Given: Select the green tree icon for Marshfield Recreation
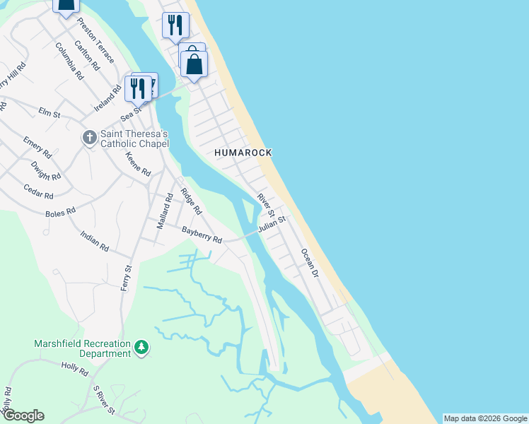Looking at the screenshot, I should (142, 348).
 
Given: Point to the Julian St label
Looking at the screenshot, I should (272, 225).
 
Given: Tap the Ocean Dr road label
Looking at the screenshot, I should (309, 262).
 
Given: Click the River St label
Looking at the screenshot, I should (265, 201).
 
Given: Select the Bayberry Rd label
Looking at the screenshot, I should (202, 235).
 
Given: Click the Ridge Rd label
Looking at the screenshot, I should (191, 201).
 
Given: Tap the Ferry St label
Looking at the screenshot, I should (128, 280).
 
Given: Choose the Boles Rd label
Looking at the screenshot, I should (60, 211).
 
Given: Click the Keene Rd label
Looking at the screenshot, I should (138, 164).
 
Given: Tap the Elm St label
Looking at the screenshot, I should (50, 112).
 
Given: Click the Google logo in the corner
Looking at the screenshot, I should (23, 416).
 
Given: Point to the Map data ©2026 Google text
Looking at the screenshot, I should (485, 418).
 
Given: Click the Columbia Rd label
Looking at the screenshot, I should (69, 60).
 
